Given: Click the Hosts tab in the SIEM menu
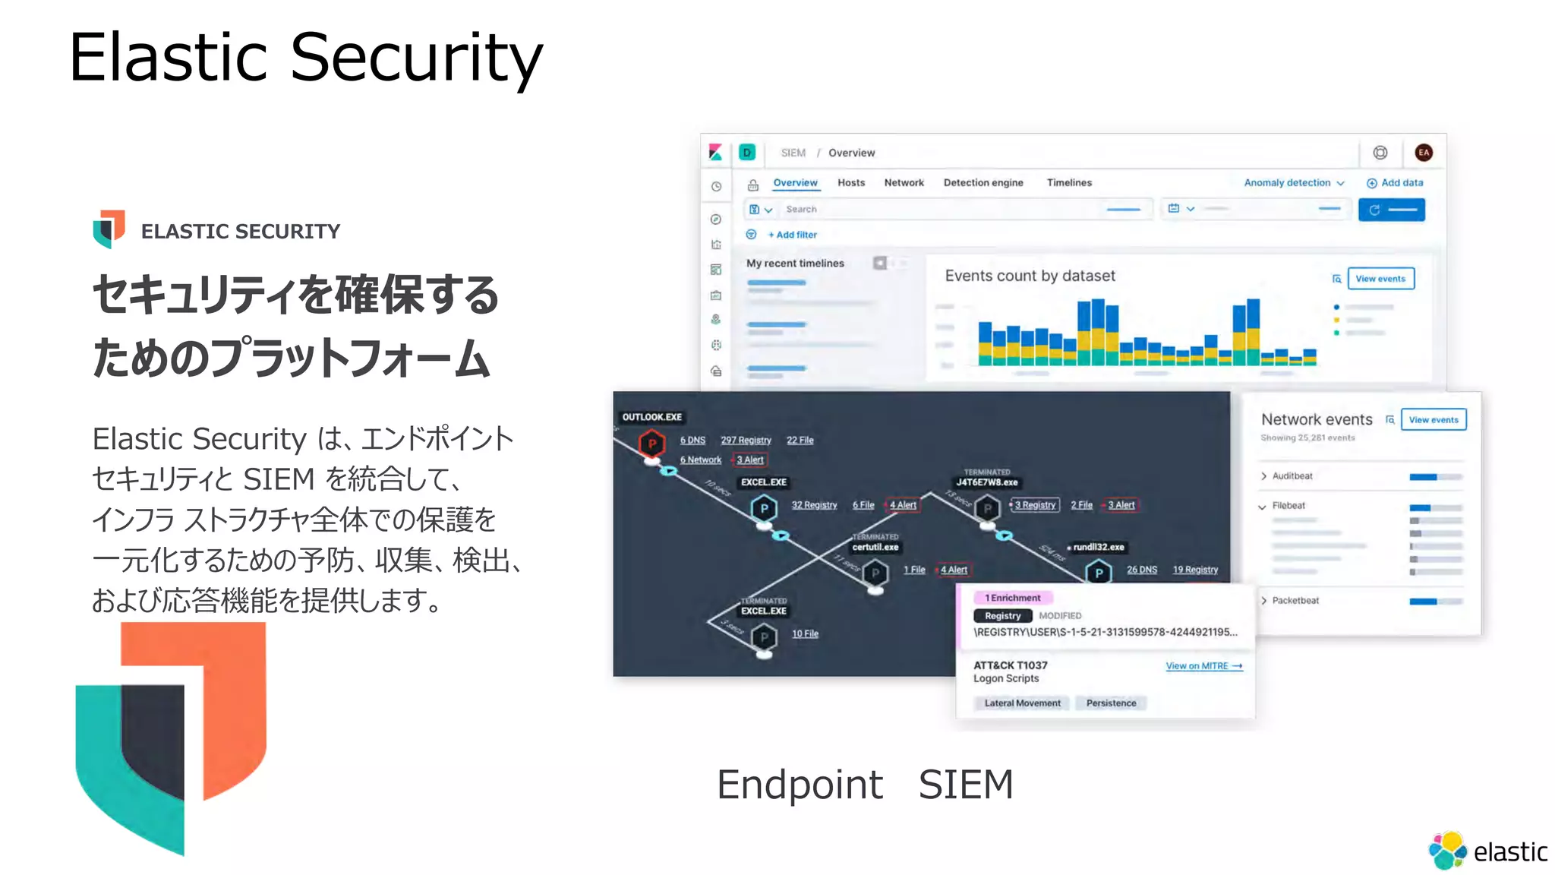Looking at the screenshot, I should [x=851, y=183].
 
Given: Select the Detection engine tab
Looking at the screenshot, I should [x=983, y=183].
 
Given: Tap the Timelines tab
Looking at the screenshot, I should [x=1069, y=183].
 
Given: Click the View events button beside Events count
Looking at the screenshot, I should [x=1380, y=279].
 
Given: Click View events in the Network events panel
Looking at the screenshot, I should [x=1433, y=420].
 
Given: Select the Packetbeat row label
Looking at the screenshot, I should [x=1295, y=601].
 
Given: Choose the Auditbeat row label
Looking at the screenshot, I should [x=1292, y=476].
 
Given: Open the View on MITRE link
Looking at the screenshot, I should [x=1203, y=666].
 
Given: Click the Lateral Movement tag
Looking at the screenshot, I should [x=1022, y=703].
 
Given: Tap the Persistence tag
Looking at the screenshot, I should [x=1111, y=703].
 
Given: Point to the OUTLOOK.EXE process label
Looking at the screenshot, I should [x=651, y=417].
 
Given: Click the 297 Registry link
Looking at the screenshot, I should [x=746, y=441].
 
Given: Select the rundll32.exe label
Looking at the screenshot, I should [x=1098, y=547].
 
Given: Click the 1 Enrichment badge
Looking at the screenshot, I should [x=1013, y=599].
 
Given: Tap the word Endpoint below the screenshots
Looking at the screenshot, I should [x=800, y=785].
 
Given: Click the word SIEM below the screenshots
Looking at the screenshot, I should [x=966, y=785].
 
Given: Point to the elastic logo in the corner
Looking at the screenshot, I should [x=1487, y=851].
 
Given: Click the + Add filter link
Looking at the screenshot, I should [x=792, y=235].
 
